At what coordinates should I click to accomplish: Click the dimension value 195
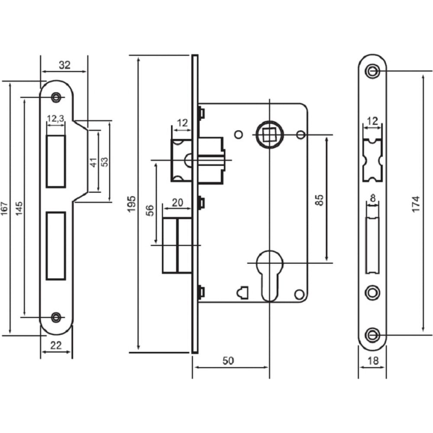(x=132, y=204)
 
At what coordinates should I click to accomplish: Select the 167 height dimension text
(x=4, y=209)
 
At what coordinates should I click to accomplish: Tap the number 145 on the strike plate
(x=19, y=209)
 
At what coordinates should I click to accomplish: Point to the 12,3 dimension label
(x=55, y=119)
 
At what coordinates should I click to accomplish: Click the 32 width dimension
(x=65, y=65)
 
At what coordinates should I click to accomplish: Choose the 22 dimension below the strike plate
(x=56, y=346)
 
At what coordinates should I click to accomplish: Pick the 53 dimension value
(x=104, y=162)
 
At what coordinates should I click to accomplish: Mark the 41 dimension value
(x=94, y=162)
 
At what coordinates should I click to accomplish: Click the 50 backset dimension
(x=228, y=361)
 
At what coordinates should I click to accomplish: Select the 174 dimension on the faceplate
(x=416, y=204)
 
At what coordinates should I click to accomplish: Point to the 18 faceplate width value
(x=373, y=361)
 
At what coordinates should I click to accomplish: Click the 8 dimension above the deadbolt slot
(x=373, y=198)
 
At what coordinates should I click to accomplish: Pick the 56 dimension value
(x=149, y=210)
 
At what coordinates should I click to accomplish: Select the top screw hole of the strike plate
(x=56, y=97)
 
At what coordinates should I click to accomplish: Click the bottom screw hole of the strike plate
(x=56, y=317)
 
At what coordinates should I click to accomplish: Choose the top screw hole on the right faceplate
(x=372, y=71)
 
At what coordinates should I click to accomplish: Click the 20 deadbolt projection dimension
(x=177, y=203)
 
